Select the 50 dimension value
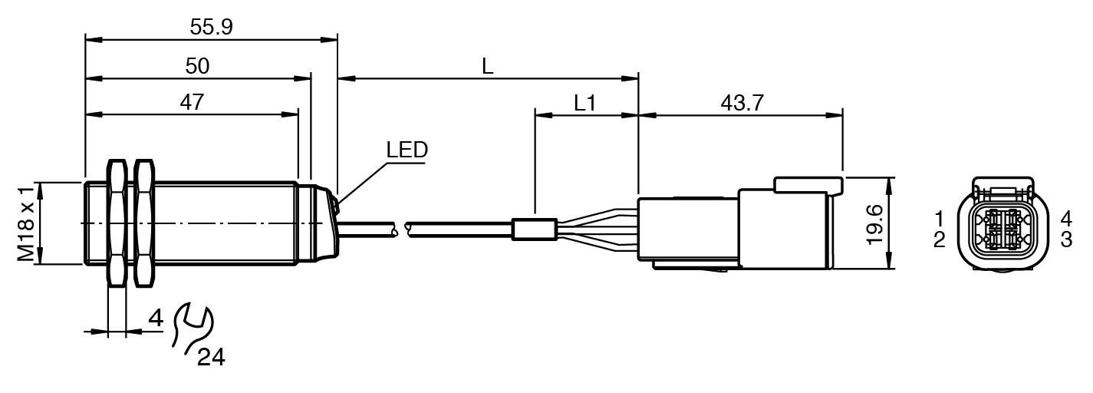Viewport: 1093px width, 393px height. click(197, 67)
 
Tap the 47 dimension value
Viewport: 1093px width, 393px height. click(193, 103)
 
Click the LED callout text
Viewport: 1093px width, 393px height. click(406, 150)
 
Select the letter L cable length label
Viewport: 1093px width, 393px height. click(488, 66)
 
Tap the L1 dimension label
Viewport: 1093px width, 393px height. click(585, 103)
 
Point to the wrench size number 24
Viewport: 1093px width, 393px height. click(211, 357)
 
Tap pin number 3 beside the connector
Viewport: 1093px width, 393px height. click(1066, 239)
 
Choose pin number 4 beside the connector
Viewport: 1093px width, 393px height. click(1066, 216)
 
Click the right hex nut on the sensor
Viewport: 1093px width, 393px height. click(143, 223)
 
